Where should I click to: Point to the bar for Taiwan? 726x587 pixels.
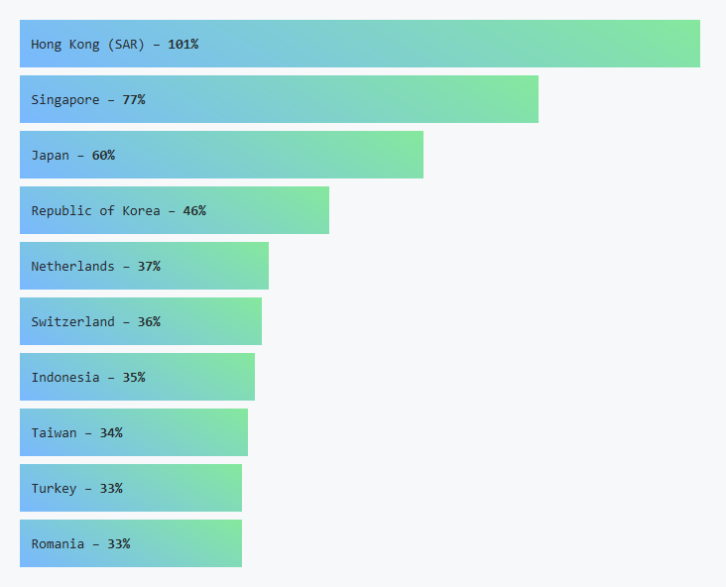pyautogui.click(x=188, y=432)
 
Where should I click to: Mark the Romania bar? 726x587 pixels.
pyautogui.click(x=188, y=543)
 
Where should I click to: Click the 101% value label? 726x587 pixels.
pyautogui.click(x=182, y=44)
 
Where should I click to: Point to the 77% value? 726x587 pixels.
pyautogui.click(x=134, y=99)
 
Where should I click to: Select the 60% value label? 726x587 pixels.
pyautogui.click(x=103, y=155)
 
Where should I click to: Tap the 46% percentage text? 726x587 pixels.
pyautogui.click(x=194, y=210)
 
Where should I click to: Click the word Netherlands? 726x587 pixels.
pyautogui.click(x=72, y=266)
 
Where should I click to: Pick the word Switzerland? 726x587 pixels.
pyautogui.click(x=72, y=321)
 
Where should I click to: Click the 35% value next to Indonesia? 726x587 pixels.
pyautogui.click(x=134, y=377)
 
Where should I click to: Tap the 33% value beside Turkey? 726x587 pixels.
pyautogui.click(x=111, y=488)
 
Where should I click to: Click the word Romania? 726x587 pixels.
pyautogui.click(x=58, y=543)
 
